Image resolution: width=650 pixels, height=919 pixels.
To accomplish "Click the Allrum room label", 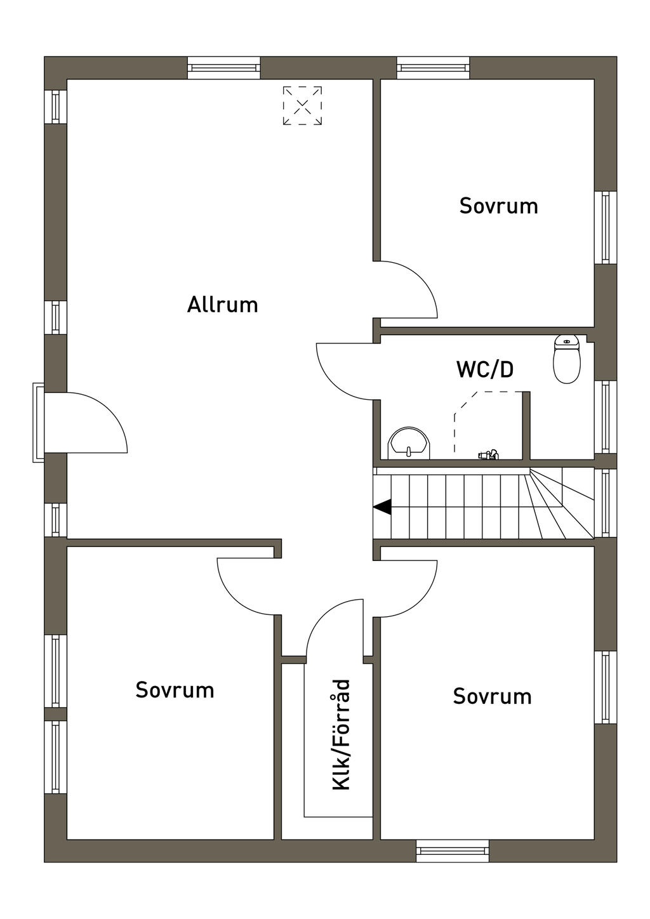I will point(222,305).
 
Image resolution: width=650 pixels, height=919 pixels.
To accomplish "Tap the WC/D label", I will point(485,369).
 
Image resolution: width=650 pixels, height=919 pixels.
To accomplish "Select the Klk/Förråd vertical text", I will point(342,735).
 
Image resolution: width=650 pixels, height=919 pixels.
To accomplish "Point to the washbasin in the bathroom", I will point(409,443).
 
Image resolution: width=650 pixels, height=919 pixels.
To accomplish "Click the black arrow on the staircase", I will point(382,507).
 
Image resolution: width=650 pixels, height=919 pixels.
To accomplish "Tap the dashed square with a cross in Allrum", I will point(302,105).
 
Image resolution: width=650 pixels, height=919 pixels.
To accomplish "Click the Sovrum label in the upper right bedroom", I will point(498,206).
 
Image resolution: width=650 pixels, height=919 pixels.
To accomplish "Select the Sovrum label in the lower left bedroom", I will point(175,690).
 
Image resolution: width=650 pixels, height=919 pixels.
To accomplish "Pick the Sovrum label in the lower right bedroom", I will point(492,696).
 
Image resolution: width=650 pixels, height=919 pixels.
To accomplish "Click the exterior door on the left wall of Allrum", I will point(95,419).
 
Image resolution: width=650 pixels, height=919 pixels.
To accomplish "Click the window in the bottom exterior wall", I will point(453,850).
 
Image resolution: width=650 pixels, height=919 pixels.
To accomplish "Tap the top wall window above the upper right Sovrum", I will point(434,67).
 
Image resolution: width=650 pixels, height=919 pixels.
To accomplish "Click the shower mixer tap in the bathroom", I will point(489,454).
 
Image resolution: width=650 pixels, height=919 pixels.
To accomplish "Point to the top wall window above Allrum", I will point(224,67).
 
